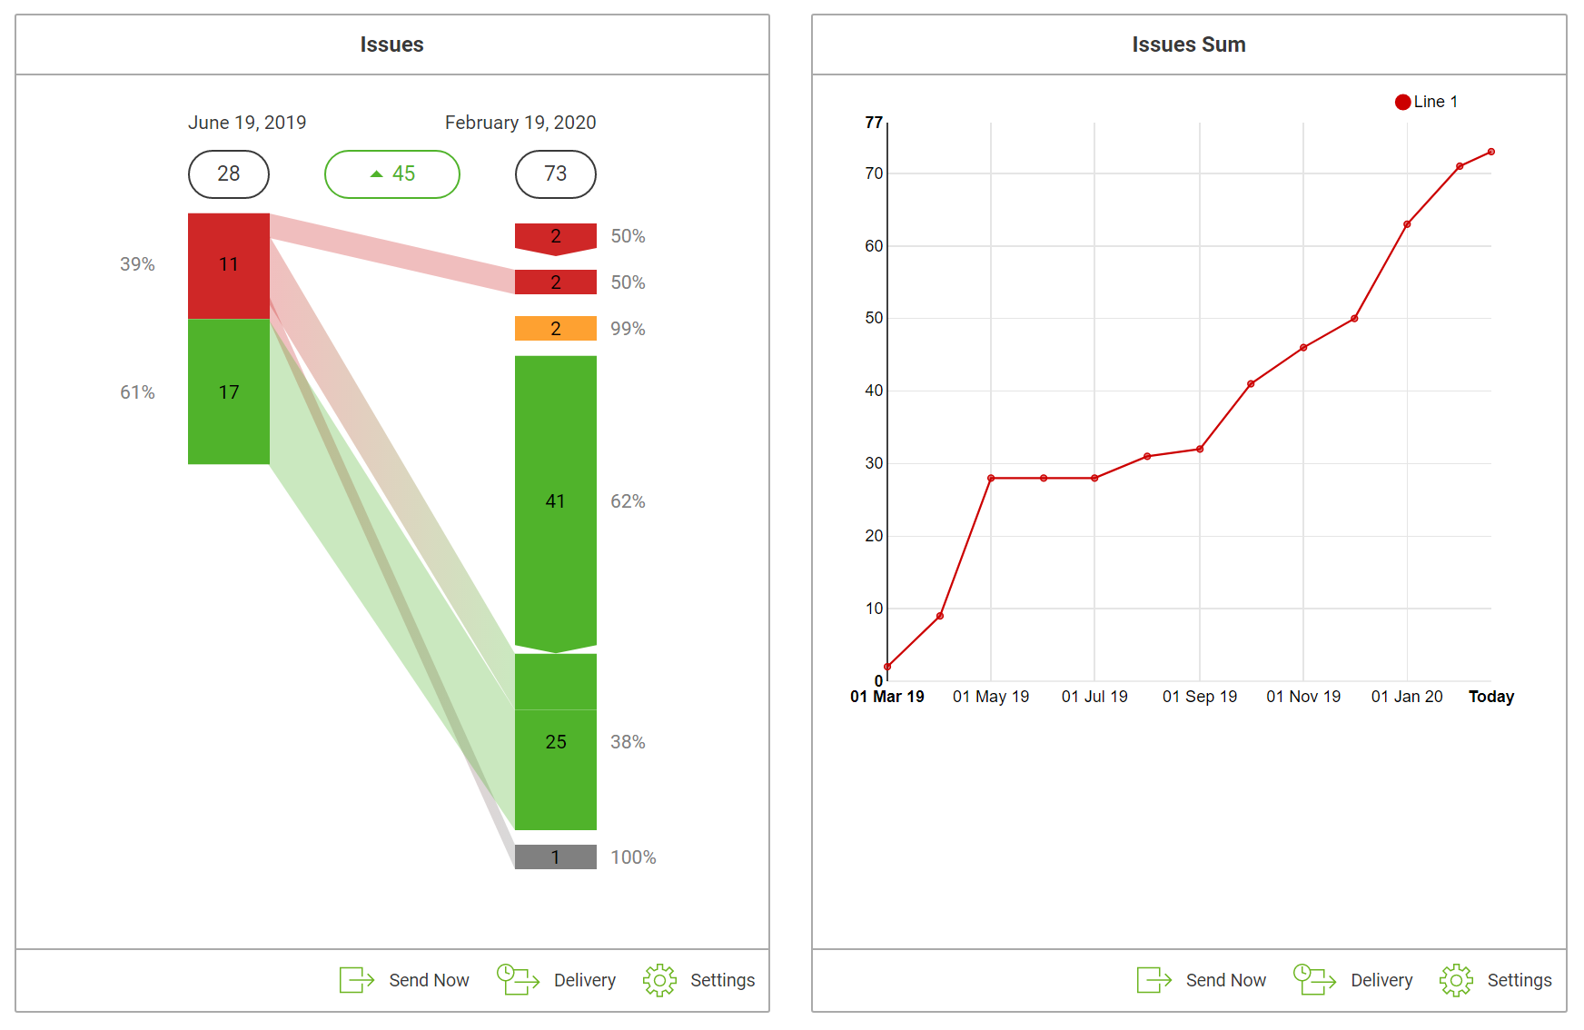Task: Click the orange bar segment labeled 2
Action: [x=555, y=328]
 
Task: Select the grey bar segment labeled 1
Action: [x=555, y=857]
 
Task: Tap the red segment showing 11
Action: [x=228, y=265]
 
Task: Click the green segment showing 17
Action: [x=228, y=391]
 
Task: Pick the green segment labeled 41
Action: [x=555, y=501]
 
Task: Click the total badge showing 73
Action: [x=555, y=173]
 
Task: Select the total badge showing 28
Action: [x=228, y=173]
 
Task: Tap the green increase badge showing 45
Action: [x=392, y=173]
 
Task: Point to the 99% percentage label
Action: [x=628, y=329]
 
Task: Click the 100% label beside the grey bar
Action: [x=633, y=857]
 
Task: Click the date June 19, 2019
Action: [x=247, y=123]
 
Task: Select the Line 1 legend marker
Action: [x=1403, y=102]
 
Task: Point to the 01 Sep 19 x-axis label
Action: [x=1199, y=697]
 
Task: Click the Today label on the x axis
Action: [x=1490, y=697]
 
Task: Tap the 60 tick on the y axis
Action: [x=874, y=246]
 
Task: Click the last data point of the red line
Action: [x=1491, y=152]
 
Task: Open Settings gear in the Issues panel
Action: [x=660, y=980]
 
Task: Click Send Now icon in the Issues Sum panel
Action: [x=1153, y=980]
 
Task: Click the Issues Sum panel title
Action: [x=1188, y=45]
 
